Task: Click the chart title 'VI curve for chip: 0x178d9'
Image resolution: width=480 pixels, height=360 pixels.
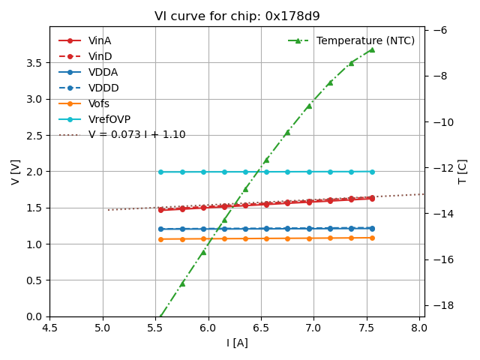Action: [x=237, y=16]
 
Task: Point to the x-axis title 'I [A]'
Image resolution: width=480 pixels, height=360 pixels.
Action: [x=237, y=343]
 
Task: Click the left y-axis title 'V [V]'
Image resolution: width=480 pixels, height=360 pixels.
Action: [x=16, y=172]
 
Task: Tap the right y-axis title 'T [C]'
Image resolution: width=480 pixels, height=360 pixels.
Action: [x=462, y=172]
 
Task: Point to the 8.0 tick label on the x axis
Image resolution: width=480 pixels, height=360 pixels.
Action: [x=421, y=327]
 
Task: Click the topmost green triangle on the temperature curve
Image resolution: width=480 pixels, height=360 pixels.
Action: [x=371, y=49]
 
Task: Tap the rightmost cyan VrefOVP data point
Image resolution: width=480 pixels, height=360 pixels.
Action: [x=372, y=172]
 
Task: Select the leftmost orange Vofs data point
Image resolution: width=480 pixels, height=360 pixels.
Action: [x=160, y=239]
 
